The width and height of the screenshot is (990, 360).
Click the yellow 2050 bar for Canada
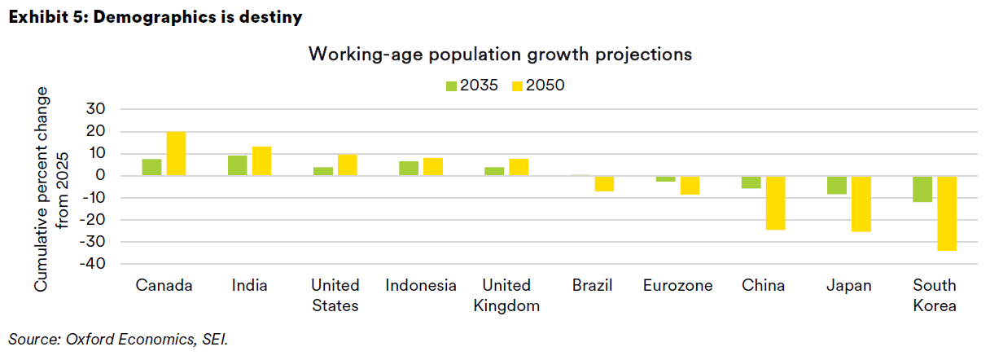176,154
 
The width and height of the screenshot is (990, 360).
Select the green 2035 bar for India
237,165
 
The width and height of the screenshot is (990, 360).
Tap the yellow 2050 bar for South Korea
947,213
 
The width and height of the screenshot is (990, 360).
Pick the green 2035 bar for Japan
836,185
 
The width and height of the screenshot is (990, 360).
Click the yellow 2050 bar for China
775,203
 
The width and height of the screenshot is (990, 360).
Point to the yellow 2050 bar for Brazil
604,184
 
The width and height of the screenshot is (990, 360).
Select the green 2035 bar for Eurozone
665,179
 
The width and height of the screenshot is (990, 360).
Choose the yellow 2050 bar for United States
348,165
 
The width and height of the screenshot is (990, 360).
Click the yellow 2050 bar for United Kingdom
519,168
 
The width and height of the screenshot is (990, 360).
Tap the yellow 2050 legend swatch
518,85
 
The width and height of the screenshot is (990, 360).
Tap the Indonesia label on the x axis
421,286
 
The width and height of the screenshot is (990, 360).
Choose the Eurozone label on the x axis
677,286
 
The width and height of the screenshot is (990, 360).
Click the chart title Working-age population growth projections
500,55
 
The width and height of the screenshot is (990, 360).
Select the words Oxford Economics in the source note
111,338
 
